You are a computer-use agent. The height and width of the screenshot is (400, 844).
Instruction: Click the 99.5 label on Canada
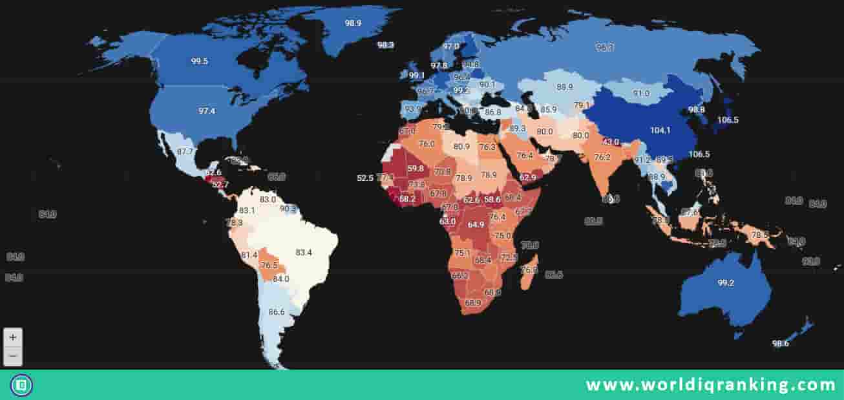pos(199,61)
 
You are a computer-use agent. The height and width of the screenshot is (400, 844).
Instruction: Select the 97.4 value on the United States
pos(207,111)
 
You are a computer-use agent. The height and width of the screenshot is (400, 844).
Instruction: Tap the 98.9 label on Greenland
pos(353,23)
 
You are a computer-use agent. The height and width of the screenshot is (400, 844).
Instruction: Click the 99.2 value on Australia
pos(725,283)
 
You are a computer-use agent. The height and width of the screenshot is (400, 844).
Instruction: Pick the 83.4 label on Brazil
pos(304,252)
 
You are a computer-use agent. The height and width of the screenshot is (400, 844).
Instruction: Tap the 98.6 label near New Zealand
pos(781,344)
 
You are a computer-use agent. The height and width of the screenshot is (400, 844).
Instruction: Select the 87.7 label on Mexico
pos(185,152)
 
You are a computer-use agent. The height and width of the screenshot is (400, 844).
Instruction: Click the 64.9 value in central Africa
pos(476,225)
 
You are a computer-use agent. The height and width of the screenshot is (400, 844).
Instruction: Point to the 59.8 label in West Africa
pos(416,169)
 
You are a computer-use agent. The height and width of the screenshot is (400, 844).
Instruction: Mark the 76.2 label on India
pos(602,157)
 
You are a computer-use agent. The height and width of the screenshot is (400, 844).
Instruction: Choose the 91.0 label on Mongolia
pos(641,94)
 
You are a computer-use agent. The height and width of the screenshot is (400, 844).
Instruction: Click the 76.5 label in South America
pos(268,266)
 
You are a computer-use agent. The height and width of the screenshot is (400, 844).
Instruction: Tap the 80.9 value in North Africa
pos(461,147)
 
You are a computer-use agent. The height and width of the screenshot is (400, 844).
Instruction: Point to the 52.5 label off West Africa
pos(365,178)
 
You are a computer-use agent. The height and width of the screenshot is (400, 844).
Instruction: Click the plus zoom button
pos(13,337)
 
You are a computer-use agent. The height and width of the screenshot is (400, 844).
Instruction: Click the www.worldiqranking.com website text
pos(710,385)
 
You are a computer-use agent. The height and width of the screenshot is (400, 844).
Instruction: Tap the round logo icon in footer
pos(21,386)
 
